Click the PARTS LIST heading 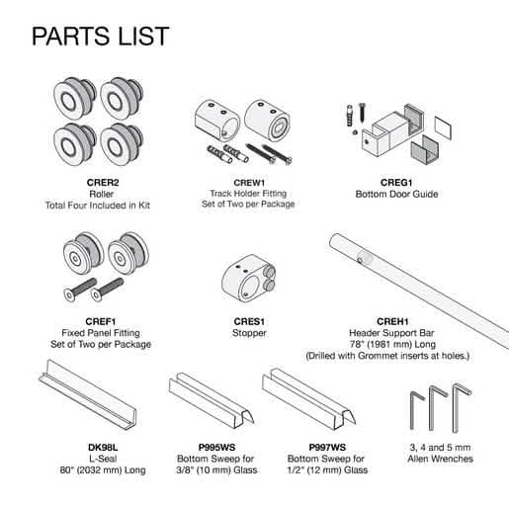pyautogui.click(x=101, y=36)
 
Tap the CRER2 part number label pyautogui.click(x=103, y=183)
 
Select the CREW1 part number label pyautogui.click(x=249, y=183)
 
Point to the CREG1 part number pyautogui.click(x=396, y=183)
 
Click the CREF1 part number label pyautogui.click(x=101, y=321)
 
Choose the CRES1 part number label pyautogui.click(x=249, y=321)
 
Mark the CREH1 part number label pyautogui.click(x=392, y=321)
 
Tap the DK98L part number pyautogui.click(x=103, y=448)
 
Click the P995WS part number pyautogui.click(x=216, y=448)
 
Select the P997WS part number pyautogui.click(x=327, y=448)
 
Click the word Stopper pyautogui.click(x=249, y=333)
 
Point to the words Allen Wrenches pyautogui.click(x=440, y=459)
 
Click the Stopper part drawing pyautogui.click(x=249, y=279)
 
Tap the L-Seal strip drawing pyautogui.click(x=88, y=394)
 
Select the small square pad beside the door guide pyautogui.click(x=443, y=127)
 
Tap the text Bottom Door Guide pyautogui.click(x=396, y=194)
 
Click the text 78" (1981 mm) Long pyautogui.click(x=392, y=344)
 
